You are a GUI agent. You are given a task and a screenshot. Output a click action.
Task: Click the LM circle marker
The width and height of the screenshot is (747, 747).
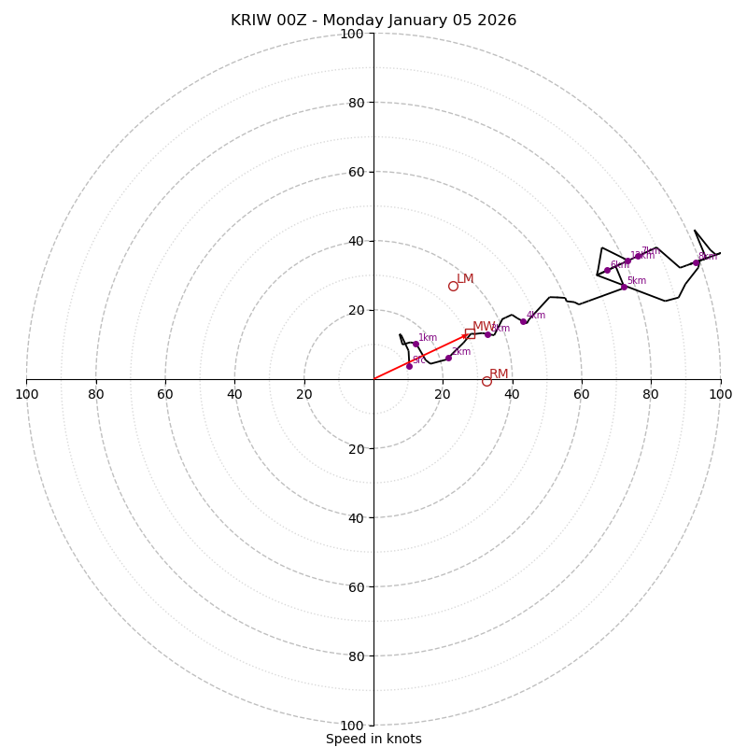[x=453, y=286]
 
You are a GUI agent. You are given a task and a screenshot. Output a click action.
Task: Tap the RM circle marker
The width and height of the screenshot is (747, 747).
[x=486, y=381]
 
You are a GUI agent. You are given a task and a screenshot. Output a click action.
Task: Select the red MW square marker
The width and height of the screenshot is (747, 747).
[x=470, y=333]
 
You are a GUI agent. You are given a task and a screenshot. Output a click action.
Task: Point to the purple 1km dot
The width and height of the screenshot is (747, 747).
[x=416, y=345]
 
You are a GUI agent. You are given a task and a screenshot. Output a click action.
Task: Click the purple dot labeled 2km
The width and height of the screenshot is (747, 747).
[x=448, y=358]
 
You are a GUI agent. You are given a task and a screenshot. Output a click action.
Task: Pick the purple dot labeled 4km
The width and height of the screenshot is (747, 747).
[x=523, y=321]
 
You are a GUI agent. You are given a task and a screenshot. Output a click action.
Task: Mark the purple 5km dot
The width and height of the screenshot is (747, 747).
[x=624, y=287]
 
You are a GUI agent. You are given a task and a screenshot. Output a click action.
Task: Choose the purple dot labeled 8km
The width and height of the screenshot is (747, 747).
[x=696, y=262]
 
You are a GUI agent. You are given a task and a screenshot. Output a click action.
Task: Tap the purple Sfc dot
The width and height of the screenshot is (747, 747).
[x=409, y=366]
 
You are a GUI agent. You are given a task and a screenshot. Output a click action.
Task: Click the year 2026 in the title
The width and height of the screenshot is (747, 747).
[x=496, y=21]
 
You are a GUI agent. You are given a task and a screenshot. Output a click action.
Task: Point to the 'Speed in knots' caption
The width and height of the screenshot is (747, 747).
[x=373, y=739]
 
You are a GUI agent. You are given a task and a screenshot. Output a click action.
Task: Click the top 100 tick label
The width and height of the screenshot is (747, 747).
[x=352, y=35]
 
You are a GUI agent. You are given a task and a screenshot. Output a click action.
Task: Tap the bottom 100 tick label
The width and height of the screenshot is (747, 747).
[x=352, y=726]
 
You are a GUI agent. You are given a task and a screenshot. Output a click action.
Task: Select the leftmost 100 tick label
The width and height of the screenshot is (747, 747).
[x=26, y=394]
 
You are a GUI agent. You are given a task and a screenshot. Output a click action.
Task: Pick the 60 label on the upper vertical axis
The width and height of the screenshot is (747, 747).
[x=356, y=172]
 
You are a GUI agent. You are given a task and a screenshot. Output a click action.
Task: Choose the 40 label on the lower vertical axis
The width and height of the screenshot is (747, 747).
[x=356, y=517]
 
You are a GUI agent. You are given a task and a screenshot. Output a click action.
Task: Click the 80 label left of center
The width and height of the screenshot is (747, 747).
[x=96, y=394]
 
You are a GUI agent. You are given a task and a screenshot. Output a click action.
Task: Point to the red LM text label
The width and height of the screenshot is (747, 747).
[x=465, y=279]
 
